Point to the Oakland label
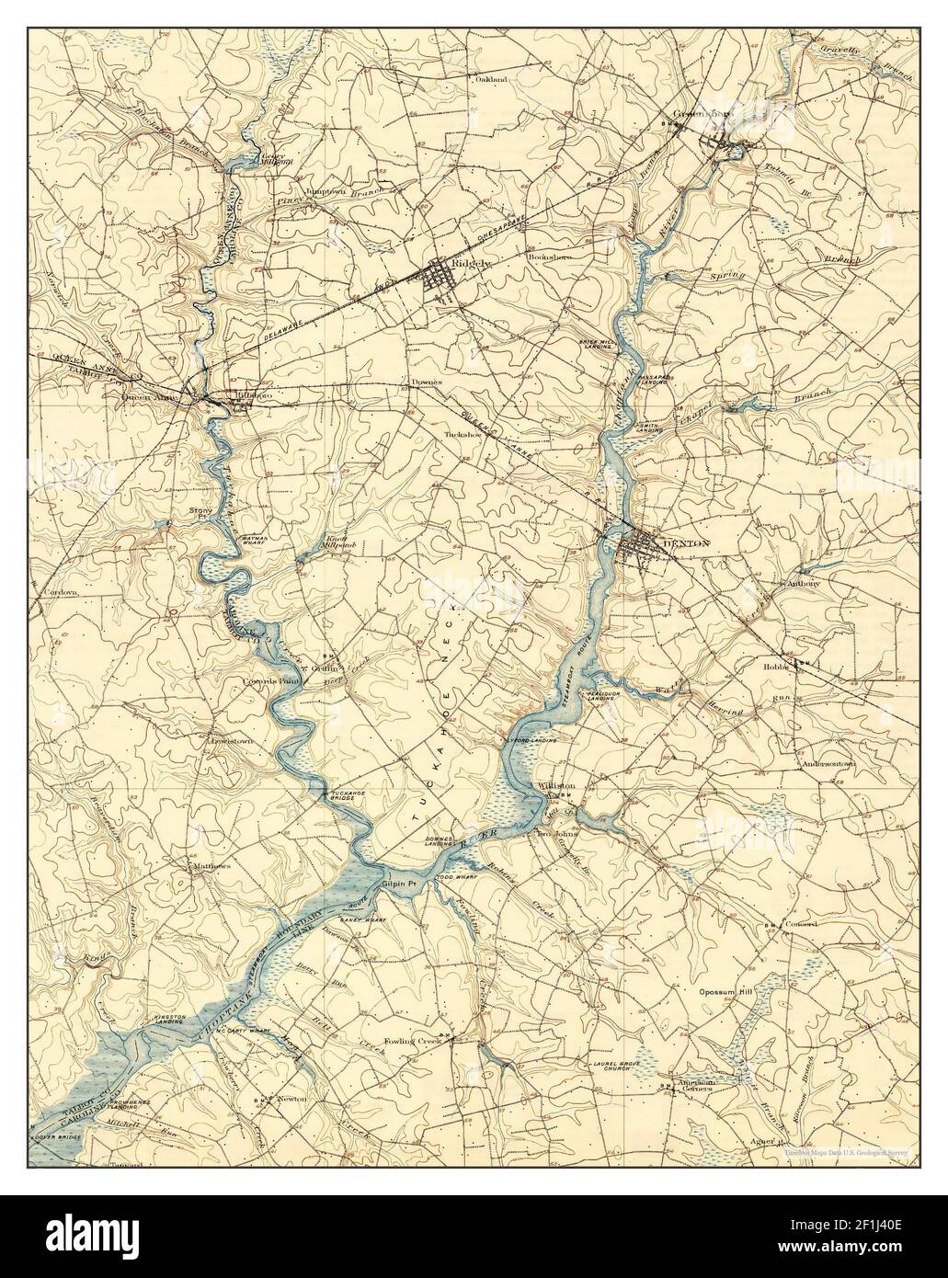(x=491, y=80)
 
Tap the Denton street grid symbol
(x=637, y=550)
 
